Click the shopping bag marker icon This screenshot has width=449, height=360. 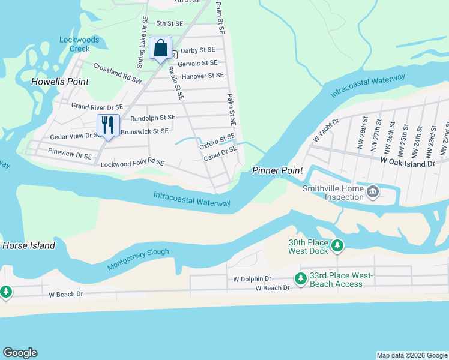(161, 49)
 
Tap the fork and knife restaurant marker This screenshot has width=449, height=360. (108, 125)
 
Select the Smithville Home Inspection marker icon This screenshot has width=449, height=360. (373, 193)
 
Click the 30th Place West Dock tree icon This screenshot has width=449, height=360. (337, 245)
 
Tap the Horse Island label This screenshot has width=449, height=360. (29, 245)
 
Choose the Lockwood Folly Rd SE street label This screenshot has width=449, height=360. (132, 163)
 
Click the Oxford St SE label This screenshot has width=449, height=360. (217, 142)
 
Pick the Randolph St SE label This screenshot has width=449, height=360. (152, 118)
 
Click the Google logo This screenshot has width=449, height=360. (20, 353)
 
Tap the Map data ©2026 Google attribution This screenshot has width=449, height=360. (411, 355)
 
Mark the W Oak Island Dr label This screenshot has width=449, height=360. (407, 163)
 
